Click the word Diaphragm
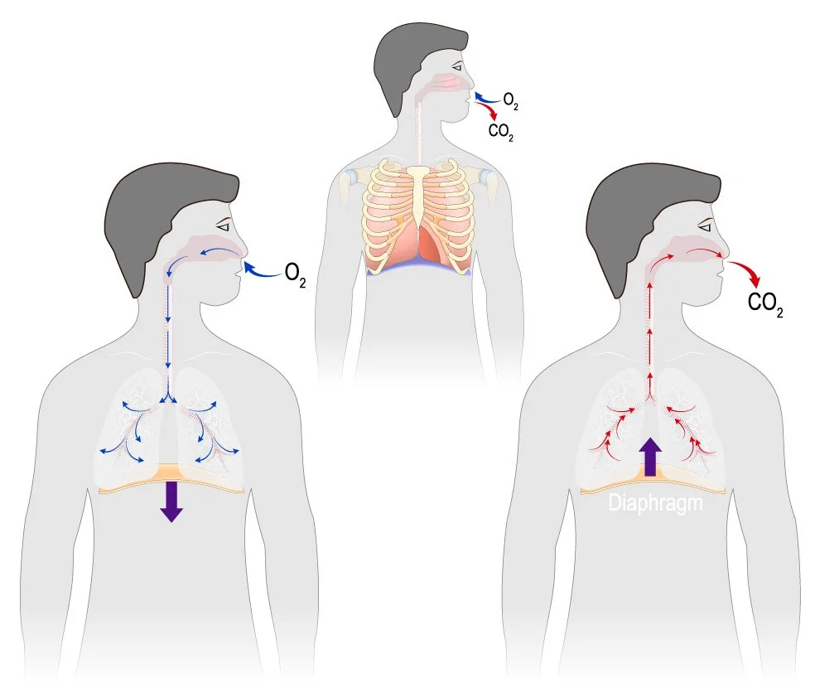655,502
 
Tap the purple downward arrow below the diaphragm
171,501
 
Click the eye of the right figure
705,225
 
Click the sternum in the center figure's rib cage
420,199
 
